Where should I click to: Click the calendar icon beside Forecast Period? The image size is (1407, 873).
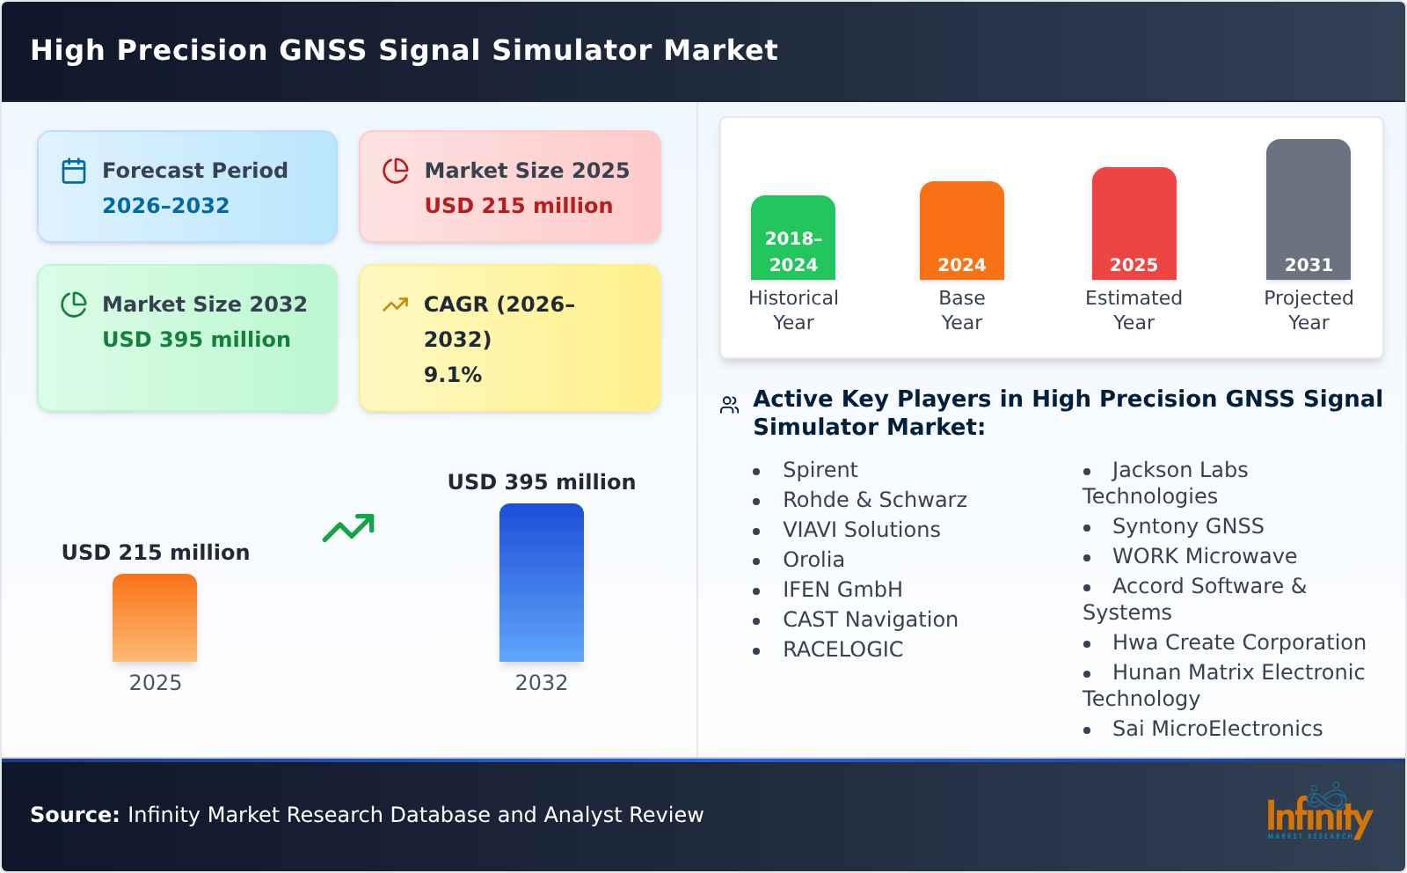point(74,171)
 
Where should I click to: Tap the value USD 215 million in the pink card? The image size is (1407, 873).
point(518,205)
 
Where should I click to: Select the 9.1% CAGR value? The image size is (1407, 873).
point(452,374)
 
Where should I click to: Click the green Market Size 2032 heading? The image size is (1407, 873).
point(204,304)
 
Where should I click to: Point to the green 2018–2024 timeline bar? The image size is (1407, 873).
point(792,238)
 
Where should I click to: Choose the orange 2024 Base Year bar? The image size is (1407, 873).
point(961,231)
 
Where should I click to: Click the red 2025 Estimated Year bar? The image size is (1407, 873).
point(1134,224)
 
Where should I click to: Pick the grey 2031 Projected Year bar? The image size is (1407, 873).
point(1308,209)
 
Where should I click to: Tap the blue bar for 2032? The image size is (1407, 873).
point(541,583)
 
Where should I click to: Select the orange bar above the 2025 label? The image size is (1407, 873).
point(155,618)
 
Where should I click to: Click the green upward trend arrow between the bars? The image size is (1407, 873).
point(348,528)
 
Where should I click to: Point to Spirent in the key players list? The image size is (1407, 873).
point(820,470)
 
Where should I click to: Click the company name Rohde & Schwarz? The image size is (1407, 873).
point(874,500)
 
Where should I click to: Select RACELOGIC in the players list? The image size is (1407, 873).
point(842,649)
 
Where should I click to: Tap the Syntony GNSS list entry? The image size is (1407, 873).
point(1187,526)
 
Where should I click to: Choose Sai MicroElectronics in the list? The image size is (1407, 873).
point(1216,729)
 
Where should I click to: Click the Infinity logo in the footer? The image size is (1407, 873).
point(1318,814)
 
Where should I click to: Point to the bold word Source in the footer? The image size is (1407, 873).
point(74,815)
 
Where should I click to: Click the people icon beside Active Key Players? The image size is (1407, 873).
point(729,405)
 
